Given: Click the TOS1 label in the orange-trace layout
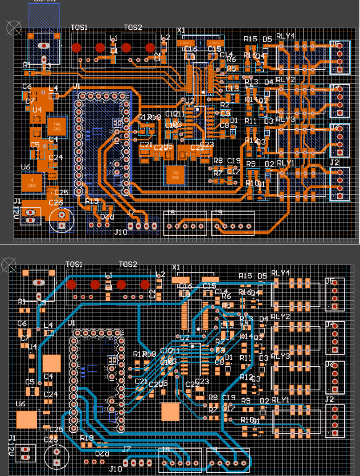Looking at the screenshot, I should coord(80,28).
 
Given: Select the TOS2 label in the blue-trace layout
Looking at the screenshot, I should coord(128,264).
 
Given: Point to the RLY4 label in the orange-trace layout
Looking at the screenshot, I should coord(286,36).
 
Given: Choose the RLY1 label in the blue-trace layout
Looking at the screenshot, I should coord(280,400).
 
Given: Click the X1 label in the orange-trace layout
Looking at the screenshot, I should coord(181,30).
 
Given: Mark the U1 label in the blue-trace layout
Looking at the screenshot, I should coord(71,323).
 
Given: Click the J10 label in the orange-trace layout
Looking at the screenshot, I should coord(121,232).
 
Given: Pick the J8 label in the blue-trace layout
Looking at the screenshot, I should coord(166,449).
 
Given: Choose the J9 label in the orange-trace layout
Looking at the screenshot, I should coord(217,213).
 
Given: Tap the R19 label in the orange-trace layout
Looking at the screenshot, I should coord(92,201).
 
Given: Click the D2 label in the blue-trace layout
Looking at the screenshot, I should coord(264,401).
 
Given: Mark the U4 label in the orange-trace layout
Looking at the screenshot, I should coord(37,110).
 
